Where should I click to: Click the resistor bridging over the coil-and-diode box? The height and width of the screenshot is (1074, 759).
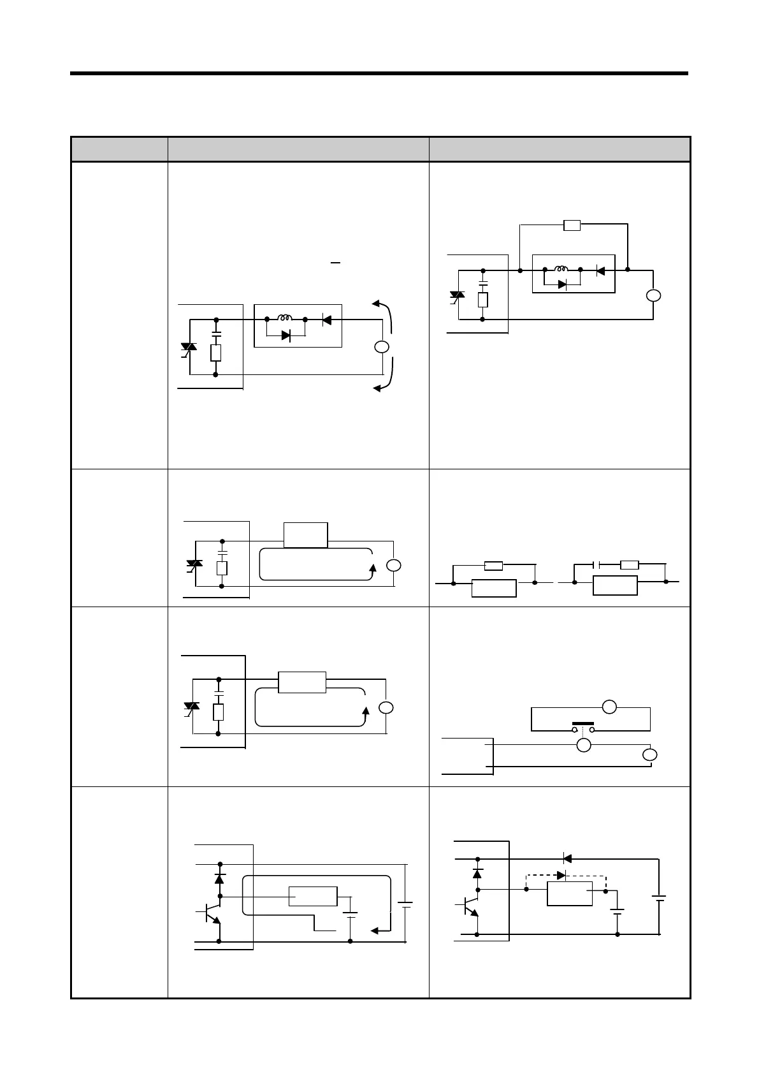pos(572,224)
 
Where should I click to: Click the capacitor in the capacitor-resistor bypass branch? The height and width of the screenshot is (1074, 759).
pos(596,564)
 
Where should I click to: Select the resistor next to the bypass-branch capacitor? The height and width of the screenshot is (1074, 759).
pos(629,564)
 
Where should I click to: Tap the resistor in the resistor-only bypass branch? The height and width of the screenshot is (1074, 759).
pos(494,565)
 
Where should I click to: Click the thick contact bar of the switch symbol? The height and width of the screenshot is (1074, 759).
pos(582,724)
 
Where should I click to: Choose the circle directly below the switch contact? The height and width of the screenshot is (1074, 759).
pos(582,745)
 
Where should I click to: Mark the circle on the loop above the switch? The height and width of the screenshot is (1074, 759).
pos(609,707)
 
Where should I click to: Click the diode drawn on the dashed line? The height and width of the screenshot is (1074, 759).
pos(561,874)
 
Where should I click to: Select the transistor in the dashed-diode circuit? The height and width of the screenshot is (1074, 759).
pos(470,904)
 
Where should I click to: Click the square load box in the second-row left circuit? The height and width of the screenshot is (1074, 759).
pos(305,534)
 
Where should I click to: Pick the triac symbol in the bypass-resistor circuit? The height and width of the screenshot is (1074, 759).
pos(456,295)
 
